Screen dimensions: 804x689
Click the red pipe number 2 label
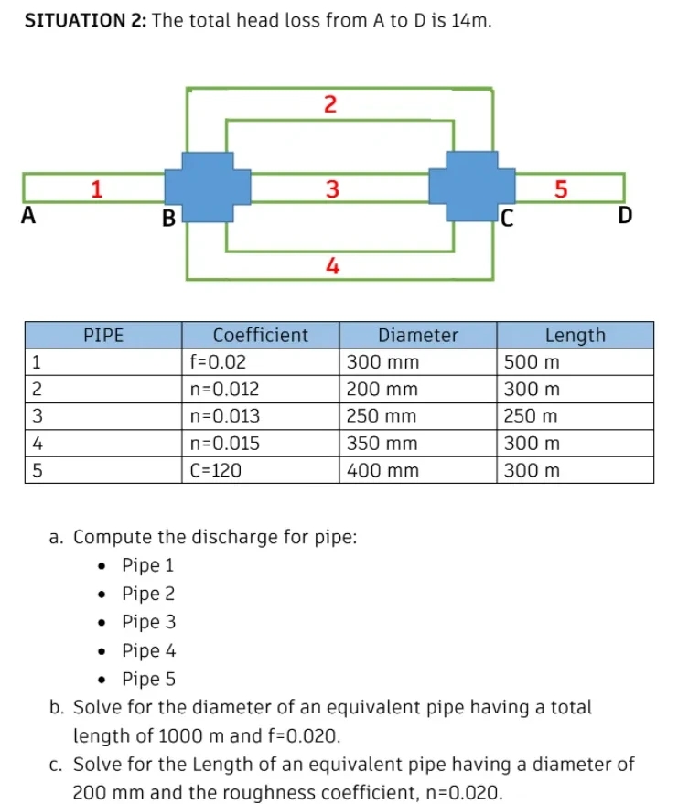(x=331, y=103)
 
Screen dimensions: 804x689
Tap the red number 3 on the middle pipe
(x=332, y=189)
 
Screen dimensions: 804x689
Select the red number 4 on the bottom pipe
(x=333, y=266)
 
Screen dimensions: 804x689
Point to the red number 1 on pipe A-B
(x=96, y=189)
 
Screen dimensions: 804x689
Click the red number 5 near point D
(x=562, y=189)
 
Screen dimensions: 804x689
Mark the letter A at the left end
(x=28, y=217)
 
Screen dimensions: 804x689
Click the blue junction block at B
(x=207, y=187)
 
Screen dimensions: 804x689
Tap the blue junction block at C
(x=472, y=187)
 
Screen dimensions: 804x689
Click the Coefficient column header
(x=260, y=335)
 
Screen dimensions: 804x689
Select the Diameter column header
(x=418, y=335)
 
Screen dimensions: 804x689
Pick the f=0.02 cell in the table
(x=218, y=361)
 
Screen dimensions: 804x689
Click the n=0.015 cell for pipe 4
(x=224, y=444)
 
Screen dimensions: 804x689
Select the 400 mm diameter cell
(x=382, y=471)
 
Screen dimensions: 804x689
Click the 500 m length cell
(x=531, y=361)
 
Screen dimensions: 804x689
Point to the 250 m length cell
(x=531, y=416)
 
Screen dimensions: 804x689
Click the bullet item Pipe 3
(x=148, y=622)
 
